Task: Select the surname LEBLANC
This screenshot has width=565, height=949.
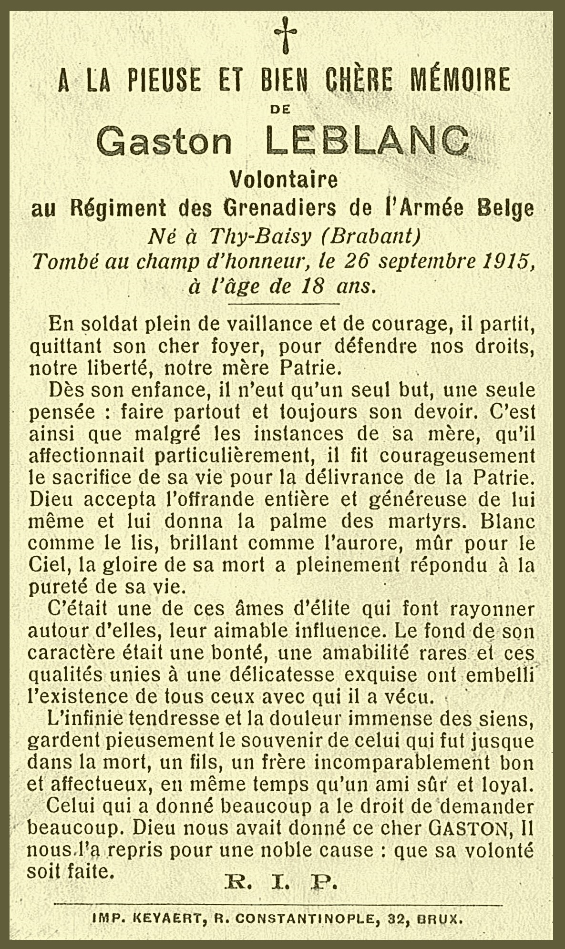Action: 366,141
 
